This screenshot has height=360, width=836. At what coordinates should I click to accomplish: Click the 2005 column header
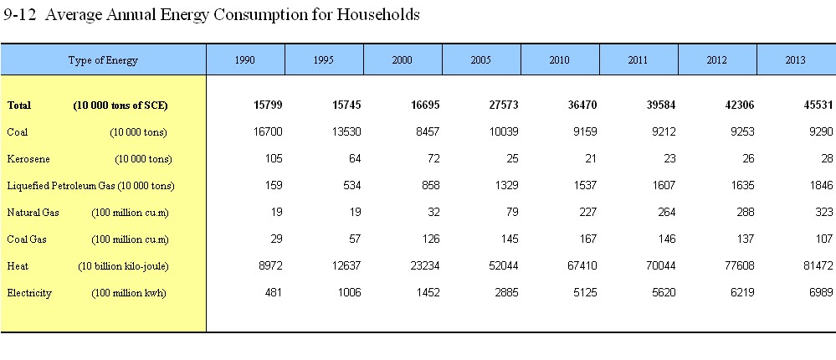[481, 59]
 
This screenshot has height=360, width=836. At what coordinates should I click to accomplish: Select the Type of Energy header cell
[103, 59]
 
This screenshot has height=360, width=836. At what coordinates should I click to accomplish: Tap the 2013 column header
[796, 59]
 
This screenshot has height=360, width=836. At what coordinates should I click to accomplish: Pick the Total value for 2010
[582, 105]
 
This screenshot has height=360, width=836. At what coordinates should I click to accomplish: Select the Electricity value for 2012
[742, 293]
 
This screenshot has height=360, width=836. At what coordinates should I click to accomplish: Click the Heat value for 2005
[503, 265]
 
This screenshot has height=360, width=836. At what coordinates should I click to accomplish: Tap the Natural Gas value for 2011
[666, 213]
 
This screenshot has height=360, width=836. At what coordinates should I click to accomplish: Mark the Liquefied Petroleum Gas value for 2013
[821, 186]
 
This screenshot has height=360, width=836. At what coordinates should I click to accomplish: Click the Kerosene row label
[28, 158]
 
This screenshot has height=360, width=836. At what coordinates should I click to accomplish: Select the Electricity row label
[29, 293]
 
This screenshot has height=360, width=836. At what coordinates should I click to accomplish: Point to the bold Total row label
[19, 105]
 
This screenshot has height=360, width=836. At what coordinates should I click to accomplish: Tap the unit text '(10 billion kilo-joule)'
[123, 266]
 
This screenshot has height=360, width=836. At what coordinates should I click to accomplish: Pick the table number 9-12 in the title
[20, 14]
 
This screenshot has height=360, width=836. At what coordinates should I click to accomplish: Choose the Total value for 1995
[346, 105]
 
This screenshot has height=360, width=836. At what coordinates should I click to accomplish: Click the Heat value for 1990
[270, 265]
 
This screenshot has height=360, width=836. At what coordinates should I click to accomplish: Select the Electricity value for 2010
[585, 293]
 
